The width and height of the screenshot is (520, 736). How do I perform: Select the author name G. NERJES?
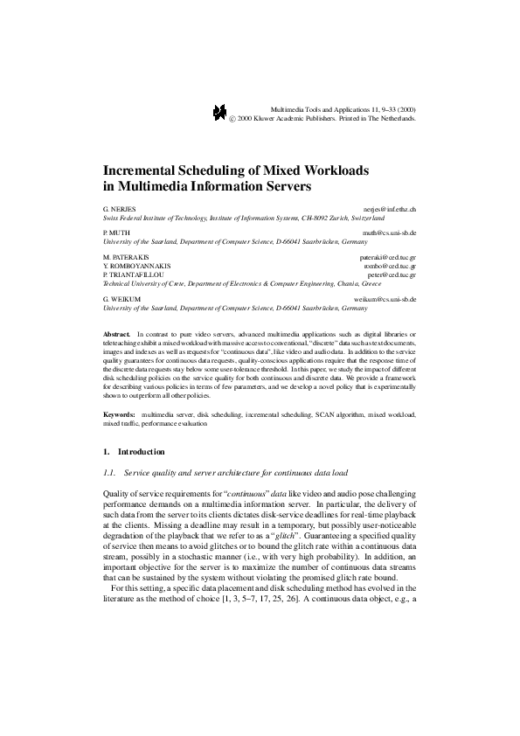pyautogui.click(x=120, y=211)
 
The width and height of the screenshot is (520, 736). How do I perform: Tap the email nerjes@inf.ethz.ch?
pyautogui.click(x=390, y=211)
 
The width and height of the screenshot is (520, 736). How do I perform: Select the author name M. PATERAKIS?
pyautogui.click(x=126, y=257)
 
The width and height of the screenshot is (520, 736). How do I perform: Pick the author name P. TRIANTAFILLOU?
pyautogui.click(x=132, y=274)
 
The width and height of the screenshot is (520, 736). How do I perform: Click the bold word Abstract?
pyautogui.click(x=116, y=335)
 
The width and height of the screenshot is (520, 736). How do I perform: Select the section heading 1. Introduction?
pyautogui.click(x=134, y=452)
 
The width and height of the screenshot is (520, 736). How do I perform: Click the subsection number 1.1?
pyautogui.click(x=109, y=472)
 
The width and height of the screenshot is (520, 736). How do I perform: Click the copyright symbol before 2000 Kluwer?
pyautogui.click(x=232, y=116)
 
